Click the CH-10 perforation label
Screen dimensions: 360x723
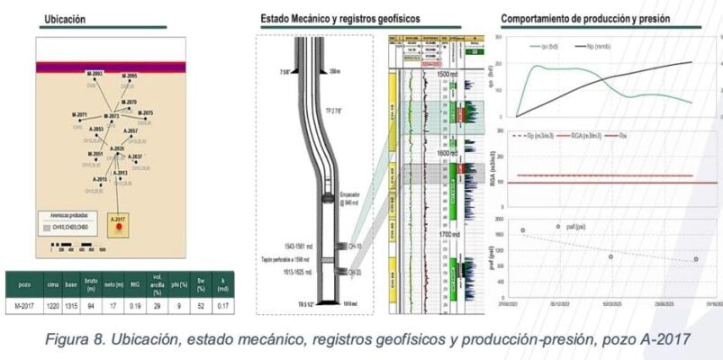[x=356, y=246]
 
